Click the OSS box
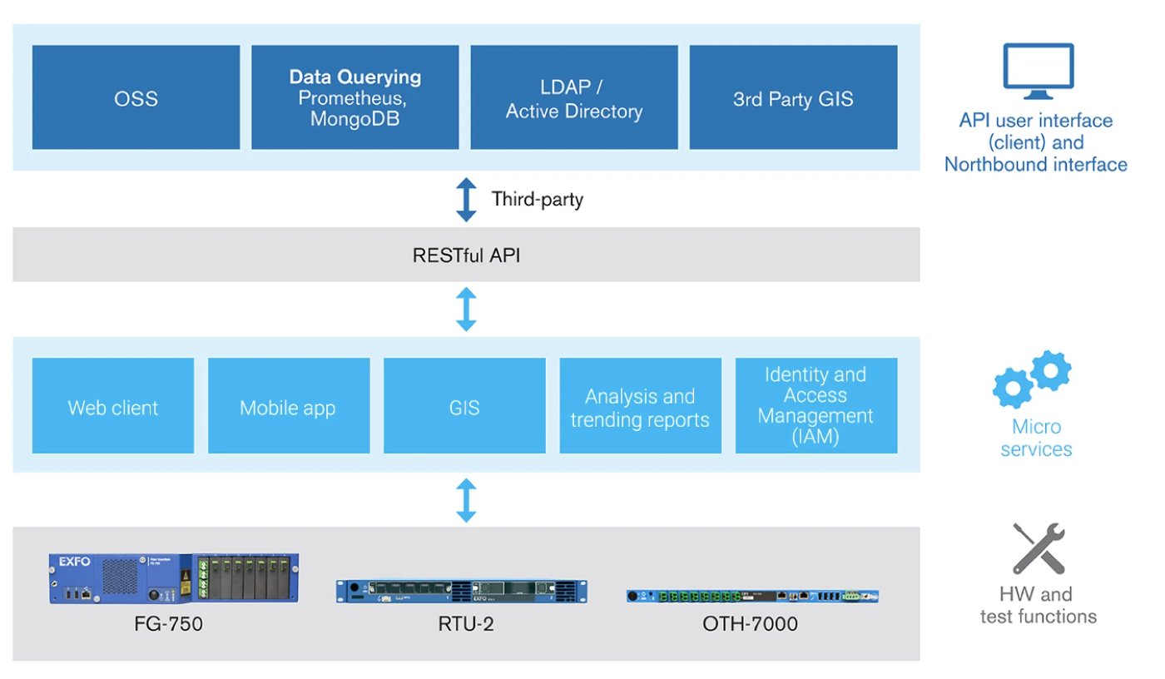point(136,97)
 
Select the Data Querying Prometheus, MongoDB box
point(354,97)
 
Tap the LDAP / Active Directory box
point(574,97)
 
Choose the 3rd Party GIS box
point(793,97)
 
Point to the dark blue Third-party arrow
point(466,200)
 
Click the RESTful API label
point(466,255)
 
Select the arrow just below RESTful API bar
point(466,310)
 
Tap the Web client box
point(113,406)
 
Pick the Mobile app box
point(289,406)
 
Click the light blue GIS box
point(464,406)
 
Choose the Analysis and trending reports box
point(640,406)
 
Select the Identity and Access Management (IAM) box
point(816,406)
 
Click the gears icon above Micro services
point(1033,379)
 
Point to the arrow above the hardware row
point(466,500)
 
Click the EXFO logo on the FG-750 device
point(74,562)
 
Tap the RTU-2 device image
point(461,591)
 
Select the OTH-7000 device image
point(752,596)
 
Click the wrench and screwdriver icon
point(1039,548)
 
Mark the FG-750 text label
point(168,623)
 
